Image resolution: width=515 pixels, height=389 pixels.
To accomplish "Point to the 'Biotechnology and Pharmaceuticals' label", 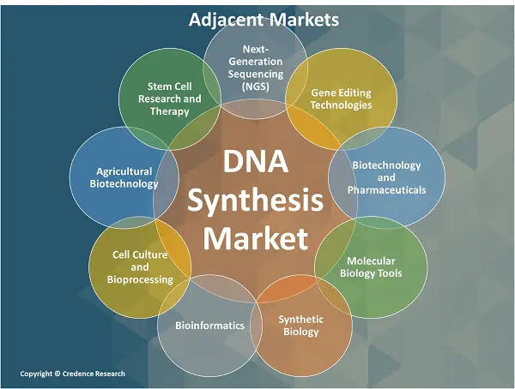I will pyautogui.click(x=386, y=177).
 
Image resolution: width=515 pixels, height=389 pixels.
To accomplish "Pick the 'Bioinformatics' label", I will pyautogui.click(x=209, y=326).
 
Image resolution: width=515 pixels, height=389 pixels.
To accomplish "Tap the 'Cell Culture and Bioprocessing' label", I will pyautogui.click(x=140, y=266).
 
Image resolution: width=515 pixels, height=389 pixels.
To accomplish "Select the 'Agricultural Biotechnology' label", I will pyautogui.click(x=125, y=177).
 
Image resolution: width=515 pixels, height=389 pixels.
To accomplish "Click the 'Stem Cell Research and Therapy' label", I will pyautogui.click(x=170, y=98).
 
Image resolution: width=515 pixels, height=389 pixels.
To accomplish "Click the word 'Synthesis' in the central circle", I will pyautogui.click(x=257, y=200).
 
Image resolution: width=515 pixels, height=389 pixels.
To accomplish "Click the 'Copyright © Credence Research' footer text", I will pyautogui.click(x=72, y=374).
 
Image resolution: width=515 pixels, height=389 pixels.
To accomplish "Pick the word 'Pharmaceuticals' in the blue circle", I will pyautogui.click(x=386, y=189).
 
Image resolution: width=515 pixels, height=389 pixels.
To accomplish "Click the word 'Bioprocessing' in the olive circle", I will pyautogui.click(x=140, y=279).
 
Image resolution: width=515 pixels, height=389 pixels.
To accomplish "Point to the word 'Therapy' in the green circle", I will pyautogui.click(x=170, y=111).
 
